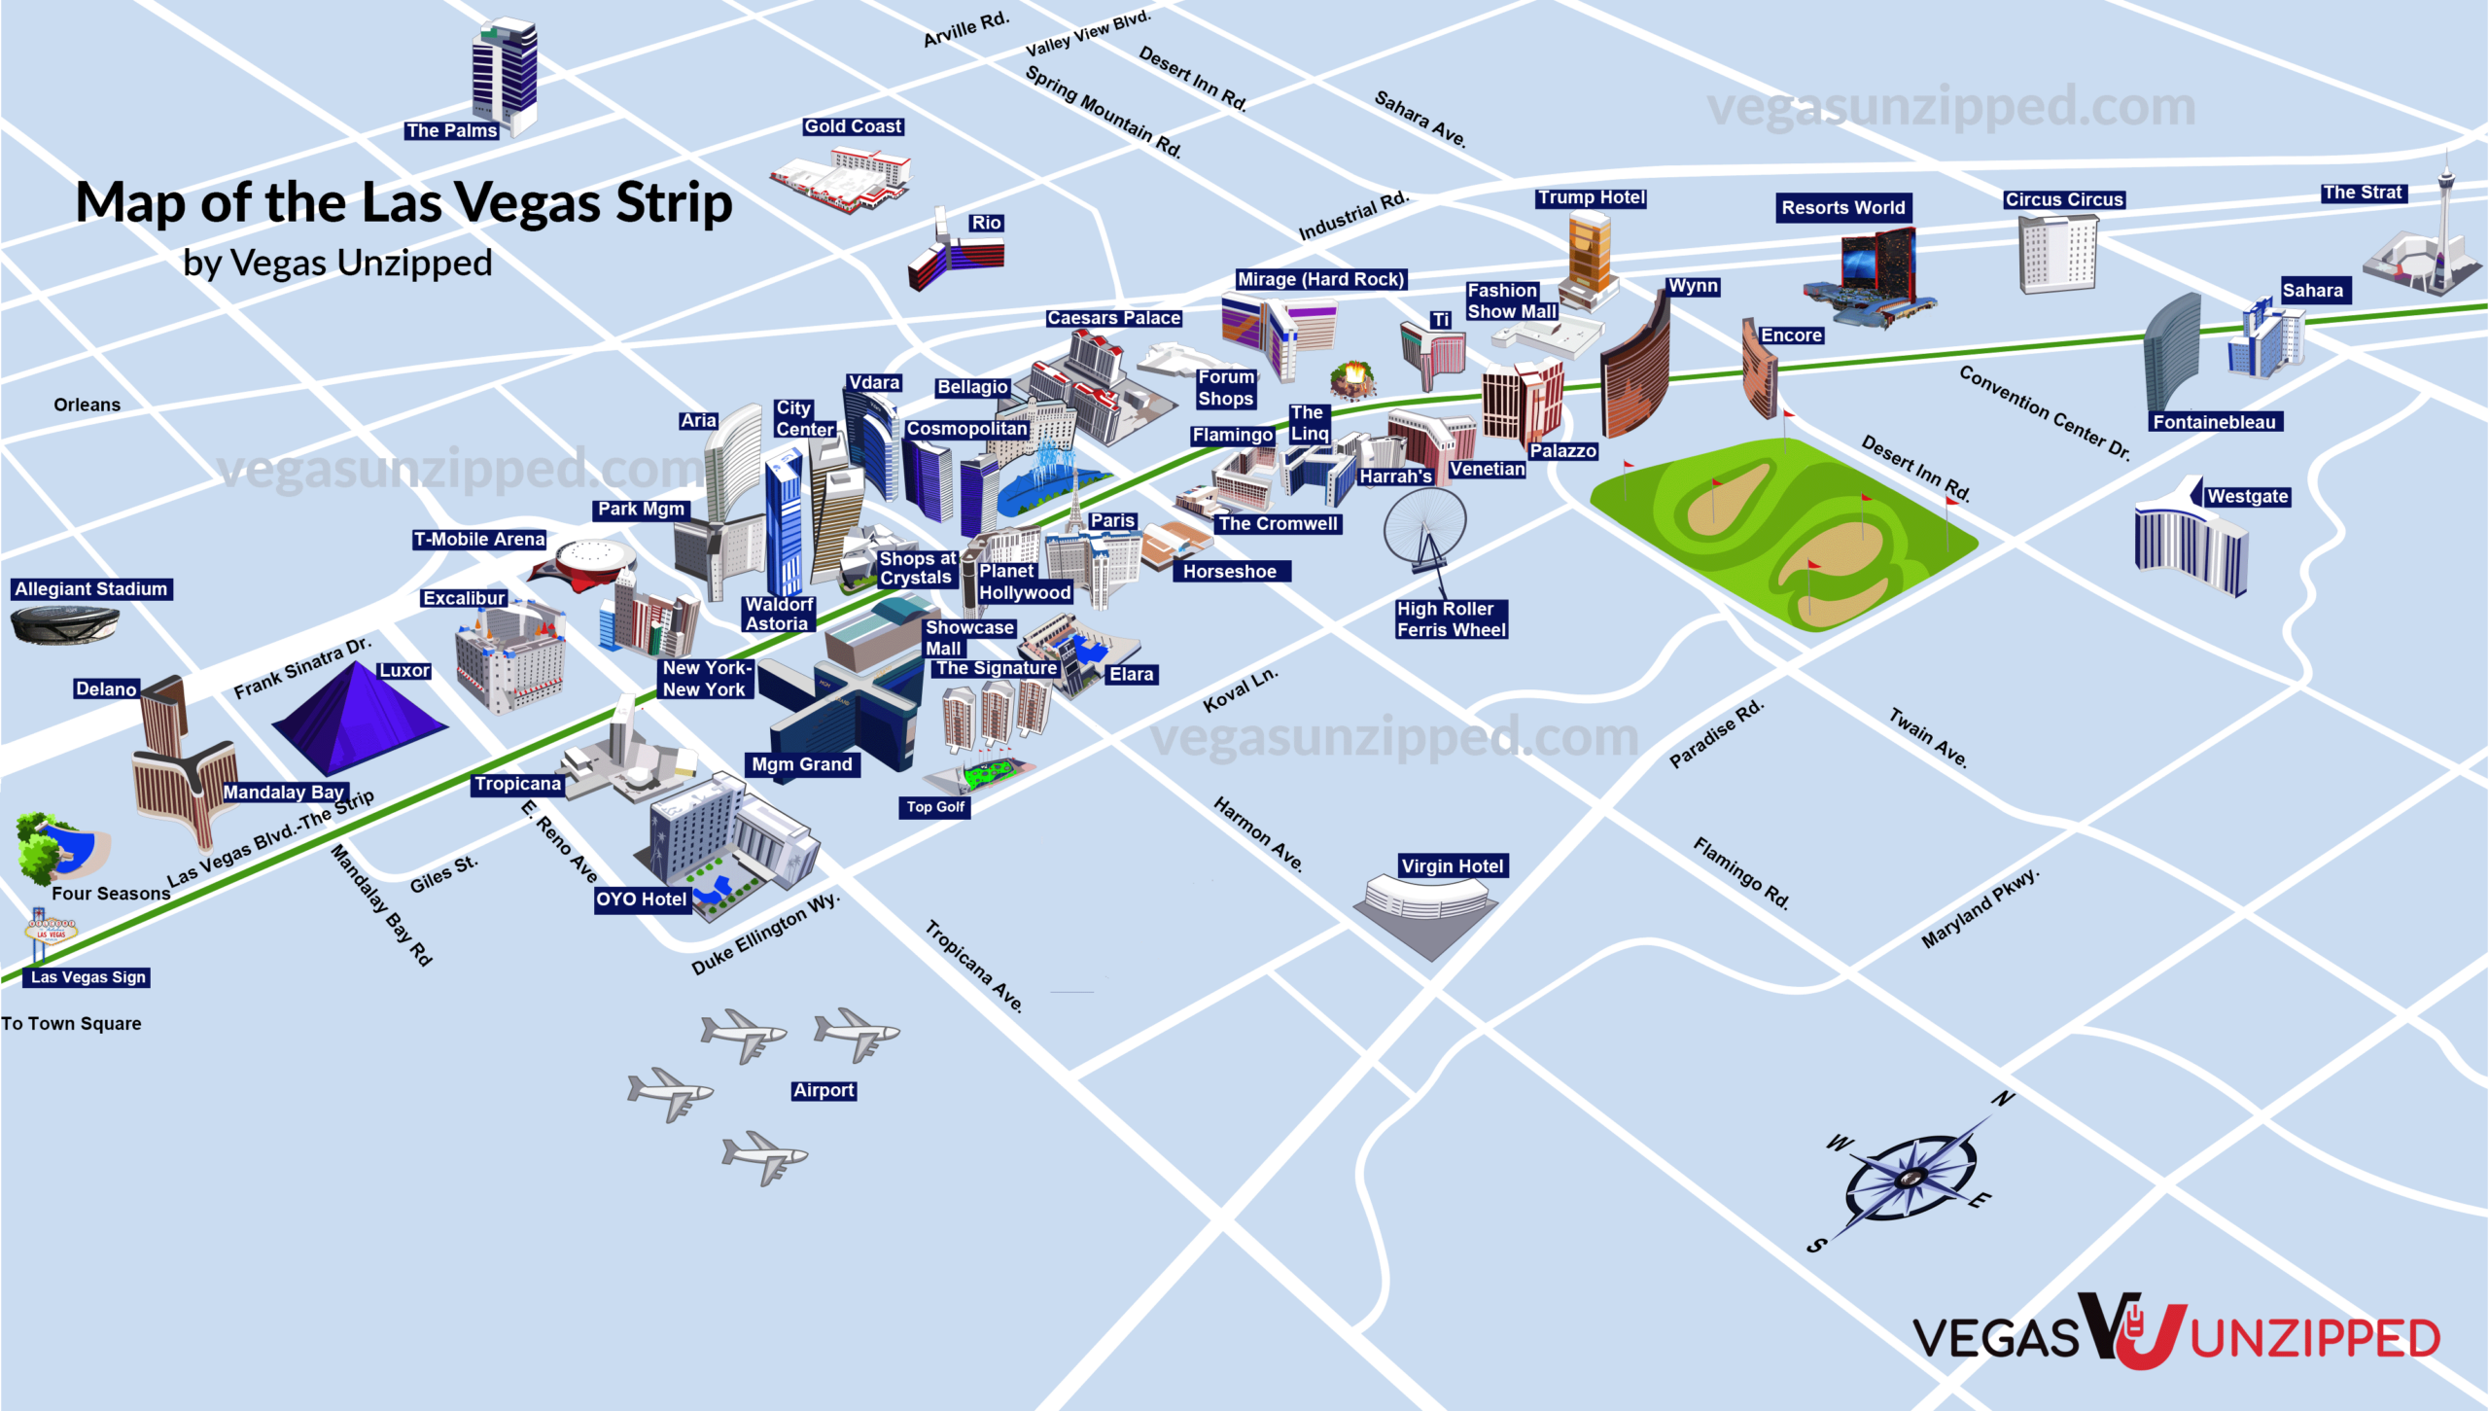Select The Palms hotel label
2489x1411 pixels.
tap(451, 130)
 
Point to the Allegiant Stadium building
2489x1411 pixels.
tap(64, 623)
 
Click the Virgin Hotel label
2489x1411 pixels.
tap(1453, 865)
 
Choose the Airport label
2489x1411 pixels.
tap(824, 1090)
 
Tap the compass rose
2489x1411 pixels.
tap(1910, 1176)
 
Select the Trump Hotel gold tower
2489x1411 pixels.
tap(1589, 253)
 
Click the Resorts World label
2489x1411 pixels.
tap(1842, 207)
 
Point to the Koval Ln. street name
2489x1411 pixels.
tap(1240, 689)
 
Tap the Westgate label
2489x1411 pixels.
tap(2247, 496)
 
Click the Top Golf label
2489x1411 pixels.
tap(934, 806)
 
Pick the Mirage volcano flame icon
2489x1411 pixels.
tap(1352, 378)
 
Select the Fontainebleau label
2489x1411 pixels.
tap(2213, 422)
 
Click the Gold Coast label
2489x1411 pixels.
tap(852, 126)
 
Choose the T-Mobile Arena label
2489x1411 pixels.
tap(478, 539)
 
